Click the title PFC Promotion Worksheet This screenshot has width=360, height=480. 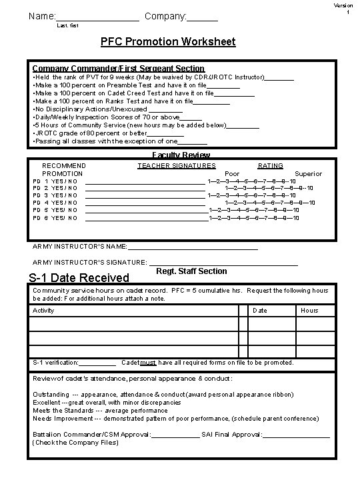click(x=167, y=42)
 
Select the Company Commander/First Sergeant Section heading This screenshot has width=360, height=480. click(x=119, y=68)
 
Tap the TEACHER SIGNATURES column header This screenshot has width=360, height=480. click(x=177, y=165)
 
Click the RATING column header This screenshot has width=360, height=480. click(x=270, y=165)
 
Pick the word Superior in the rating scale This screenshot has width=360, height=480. click(x=308, y=173)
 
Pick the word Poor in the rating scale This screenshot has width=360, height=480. click(x=231, y=173)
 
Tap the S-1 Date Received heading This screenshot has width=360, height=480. click(x=79, y=277)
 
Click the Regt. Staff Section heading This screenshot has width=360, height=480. click(x=191, y=271)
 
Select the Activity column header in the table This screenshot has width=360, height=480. click(x=44, y=311)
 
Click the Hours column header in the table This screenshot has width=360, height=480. click(x=309, y=311)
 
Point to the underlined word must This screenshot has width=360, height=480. click(x=149, y=363)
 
